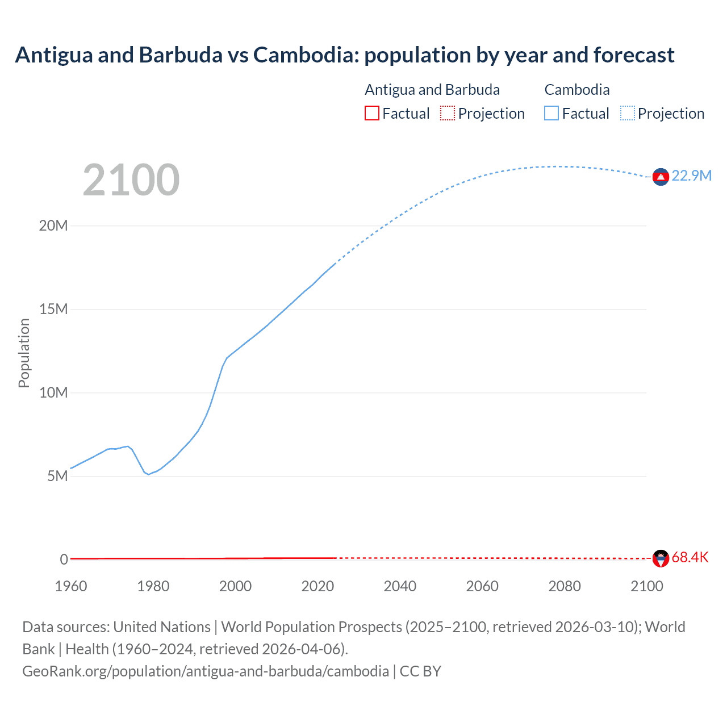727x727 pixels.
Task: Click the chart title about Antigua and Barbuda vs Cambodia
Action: click(x=344, y=55)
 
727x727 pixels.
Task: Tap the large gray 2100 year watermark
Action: click(x=131, y=180)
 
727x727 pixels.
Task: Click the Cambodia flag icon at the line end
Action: click(x=660, y=177)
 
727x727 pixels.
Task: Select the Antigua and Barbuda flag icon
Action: click(x=660, y=558)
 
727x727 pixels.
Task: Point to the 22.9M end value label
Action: click(x=691, y=176)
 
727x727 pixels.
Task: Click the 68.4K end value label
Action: click(x=690, y=557)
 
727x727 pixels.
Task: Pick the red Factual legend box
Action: click(x=371, y=114)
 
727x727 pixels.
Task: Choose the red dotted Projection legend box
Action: click(x=448, y=114)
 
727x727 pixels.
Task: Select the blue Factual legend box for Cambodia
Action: click(x=551, y=114)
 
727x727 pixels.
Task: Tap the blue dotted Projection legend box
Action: click(x=627, y=114)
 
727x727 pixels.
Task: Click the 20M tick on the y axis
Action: click(x=53, y=225)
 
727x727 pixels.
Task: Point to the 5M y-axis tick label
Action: click(x=57, y=476)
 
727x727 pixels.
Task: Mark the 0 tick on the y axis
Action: click(x=64, y=559)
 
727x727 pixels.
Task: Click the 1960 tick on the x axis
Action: click(x=71, y=586)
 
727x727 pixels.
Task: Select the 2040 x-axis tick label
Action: click(x=400, y=586)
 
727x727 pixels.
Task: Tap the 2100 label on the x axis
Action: click(x=646, y=586)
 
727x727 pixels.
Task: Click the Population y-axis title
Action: click(x=24, y=353)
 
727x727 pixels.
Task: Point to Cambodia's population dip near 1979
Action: click(x=148, y=474)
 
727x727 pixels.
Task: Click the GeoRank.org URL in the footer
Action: click(x=206, y=671)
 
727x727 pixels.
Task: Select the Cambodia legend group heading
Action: click(x=576, y=90)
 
